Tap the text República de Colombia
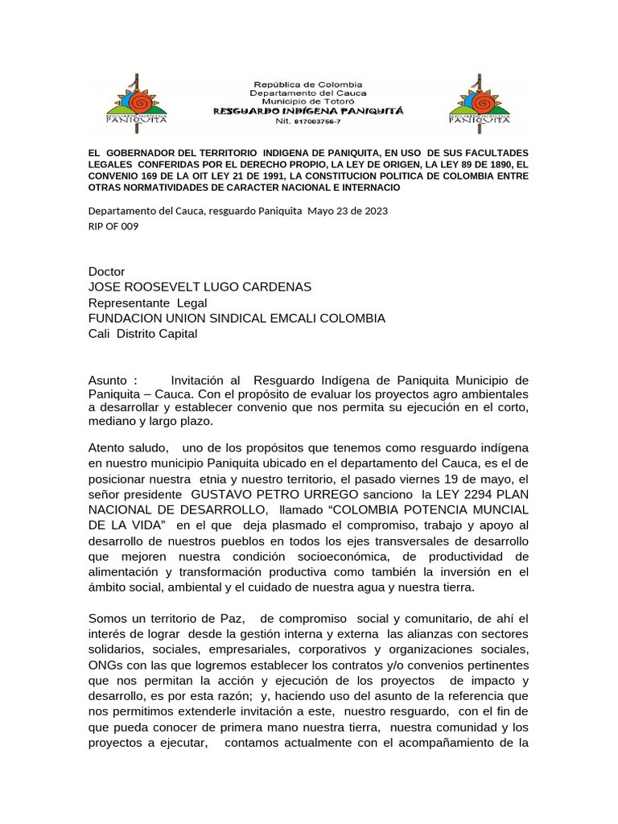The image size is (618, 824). pyautogui.click(x=308, y=84)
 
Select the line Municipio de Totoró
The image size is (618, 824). pyautogui.click(x=308, y=102)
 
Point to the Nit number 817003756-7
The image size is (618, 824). pyautogui.click(x=318, y=121)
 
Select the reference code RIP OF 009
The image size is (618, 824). pyautogui.click(x=113, y=226)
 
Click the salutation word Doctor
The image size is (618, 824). pyautogui.click(x=107, y=272)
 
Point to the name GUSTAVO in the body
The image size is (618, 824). pyautogui.click(x=225, y=495)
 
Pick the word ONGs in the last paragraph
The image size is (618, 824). pyautogui.click(x=106, y=665)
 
